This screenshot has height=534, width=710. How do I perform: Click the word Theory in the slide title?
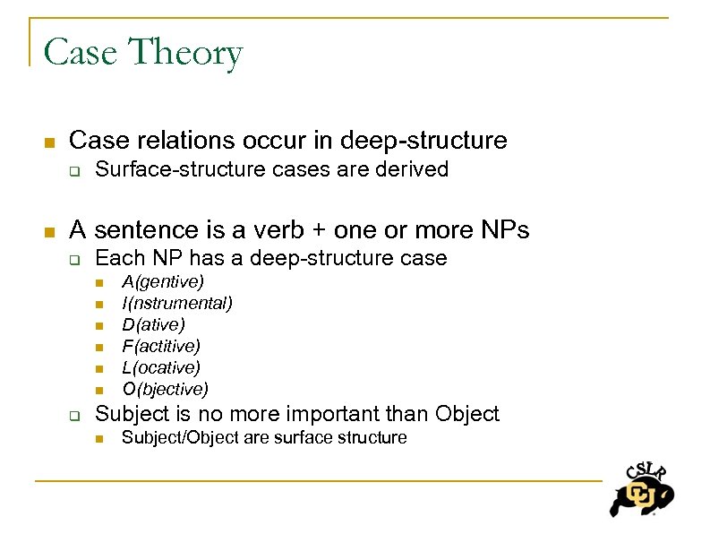pos(185,53)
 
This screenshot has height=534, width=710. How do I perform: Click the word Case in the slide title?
pos(81,53)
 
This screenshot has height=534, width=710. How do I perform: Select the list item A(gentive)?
pos(163,282)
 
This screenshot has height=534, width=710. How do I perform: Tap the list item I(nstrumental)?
pos(177,304)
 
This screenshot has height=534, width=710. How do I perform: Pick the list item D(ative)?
pos(153,325)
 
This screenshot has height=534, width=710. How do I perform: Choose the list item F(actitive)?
pos(161,346)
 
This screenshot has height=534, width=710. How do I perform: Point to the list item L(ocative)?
pos(161,367)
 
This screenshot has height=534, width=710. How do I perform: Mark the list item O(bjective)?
pos(165,389)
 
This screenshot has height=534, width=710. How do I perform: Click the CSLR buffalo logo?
pos(641,488)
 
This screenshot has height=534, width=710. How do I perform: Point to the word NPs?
pos(502,230)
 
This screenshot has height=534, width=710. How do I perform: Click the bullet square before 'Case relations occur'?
pos(50,142)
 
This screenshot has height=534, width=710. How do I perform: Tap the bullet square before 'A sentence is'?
pos(50,232)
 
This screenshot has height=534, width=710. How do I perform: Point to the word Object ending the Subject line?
pos(466,413)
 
